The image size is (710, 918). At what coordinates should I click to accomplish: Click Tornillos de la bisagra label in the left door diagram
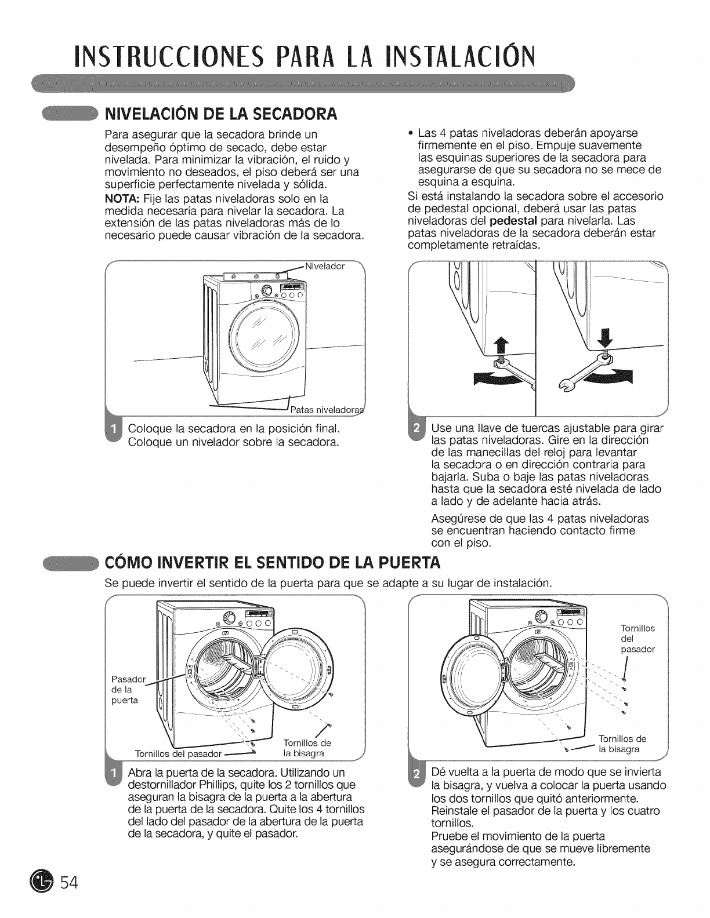pos(306,748)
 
